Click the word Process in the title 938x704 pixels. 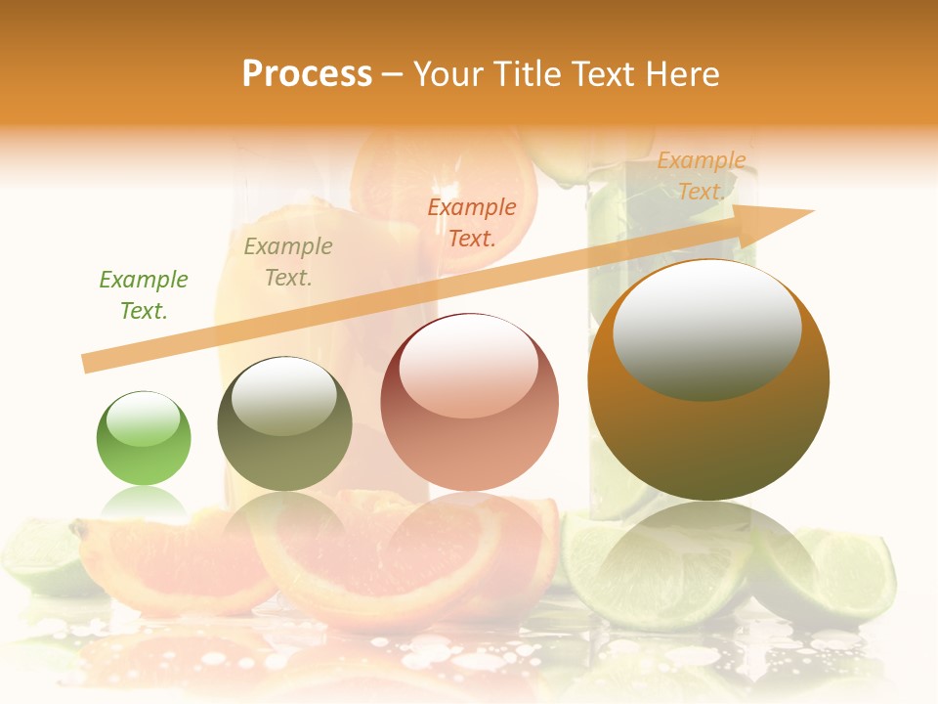307,74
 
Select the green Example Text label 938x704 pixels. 144,295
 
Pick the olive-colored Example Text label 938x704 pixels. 288,262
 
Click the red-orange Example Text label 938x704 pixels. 472,222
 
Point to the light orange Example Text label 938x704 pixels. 701,176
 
